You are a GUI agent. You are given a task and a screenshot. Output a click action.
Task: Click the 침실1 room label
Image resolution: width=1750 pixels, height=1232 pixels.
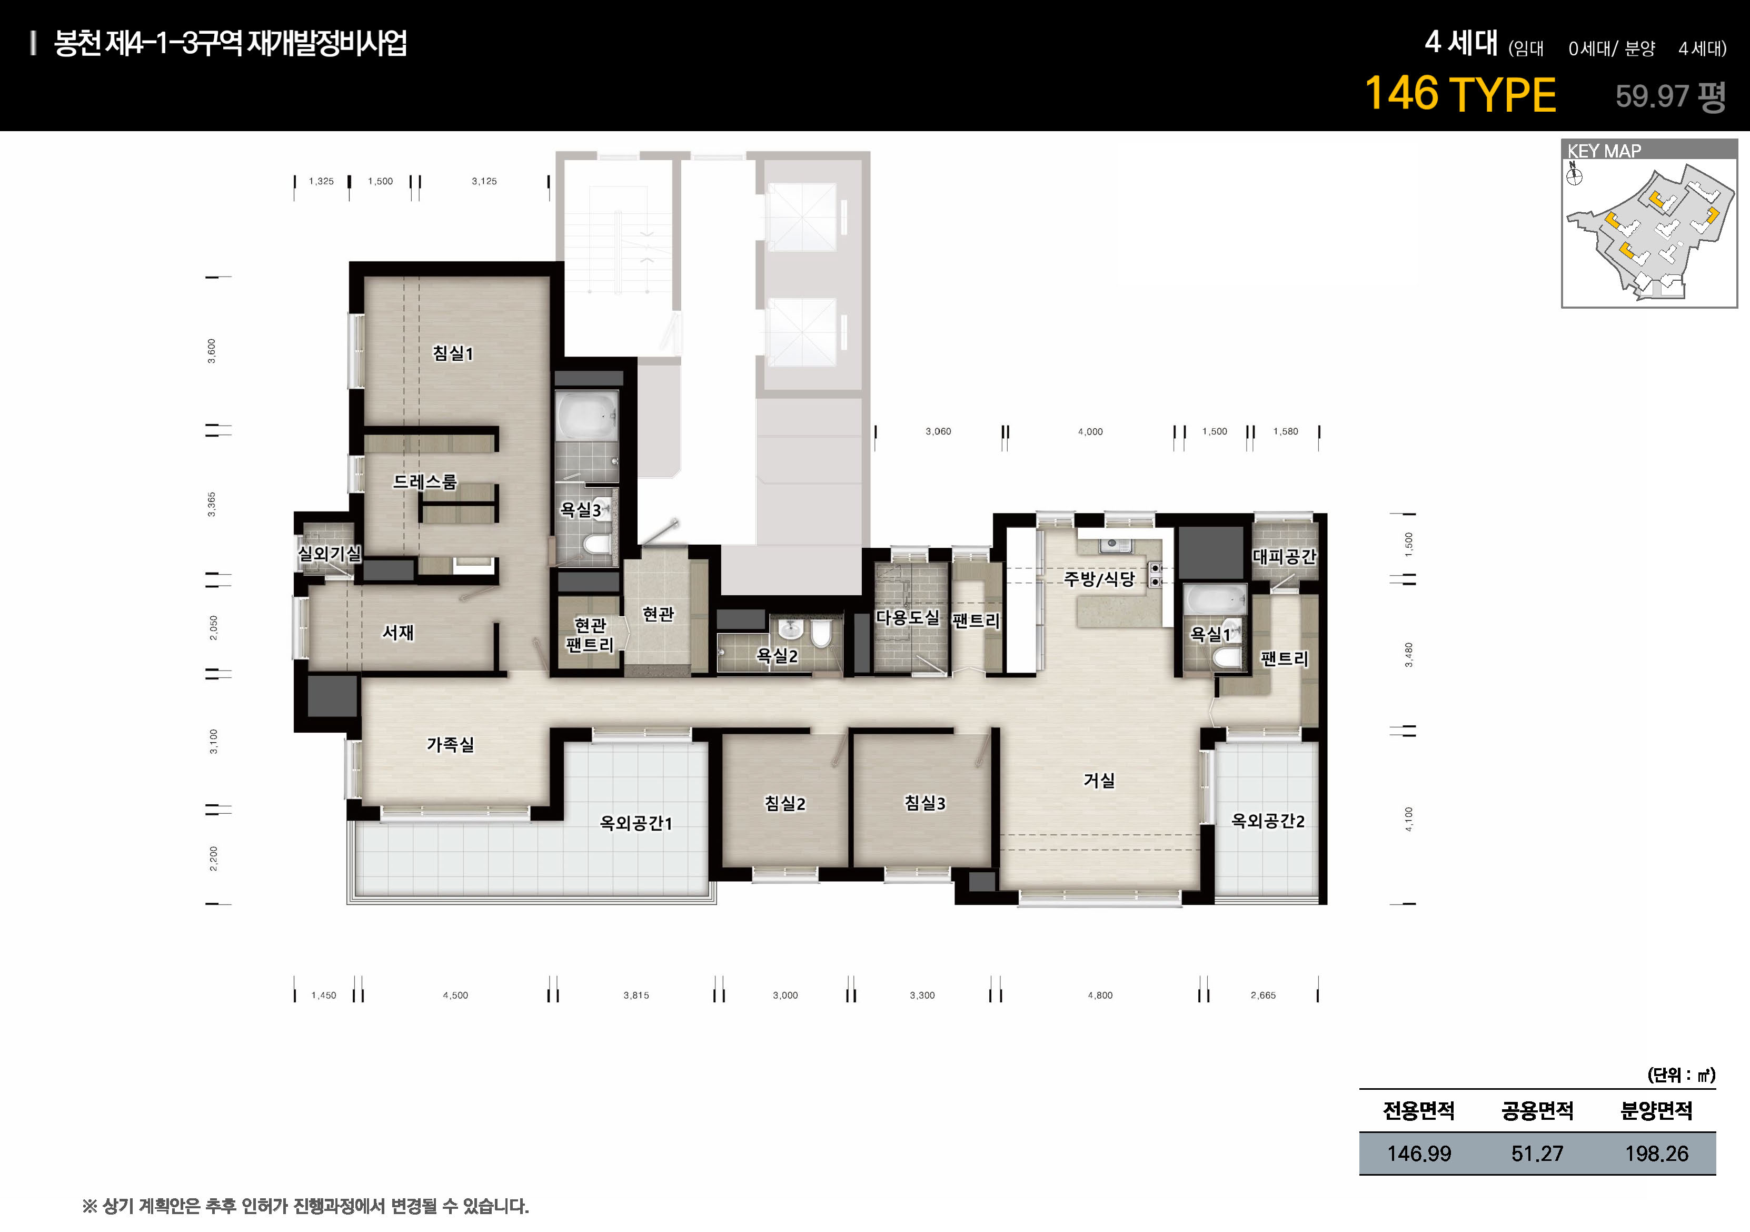[x=453, y=353]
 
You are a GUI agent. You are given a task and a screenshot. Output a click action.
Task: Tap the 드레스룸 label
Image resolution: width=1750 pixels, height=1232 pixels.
[x=424, y=482]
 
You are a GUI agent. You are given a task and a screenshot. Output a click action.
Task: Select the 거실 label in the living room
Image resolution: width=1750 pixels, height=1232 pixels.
[x=1099, y=780]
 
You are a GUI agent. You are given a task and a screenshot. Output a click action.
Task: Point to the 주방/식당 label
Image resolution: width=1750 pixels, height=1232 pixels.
[x=1099, y=579]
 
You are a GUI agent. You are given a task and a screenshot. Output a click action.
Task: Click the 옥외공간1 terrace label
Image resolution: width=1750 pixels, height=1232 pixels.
[x=635, y=823]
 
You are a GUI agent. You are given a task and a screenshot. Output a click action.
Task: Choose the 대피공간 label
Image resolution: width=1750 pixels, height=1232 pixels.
[x=1284, y=557]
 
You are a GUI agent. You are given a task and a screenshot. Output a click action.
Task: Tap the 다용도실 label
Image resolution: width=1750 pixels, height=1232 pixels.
[x=907, y=617]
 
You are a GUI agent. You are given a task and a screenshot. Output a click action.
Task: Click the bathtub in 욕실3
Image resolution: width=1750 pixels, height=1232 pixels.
[x=587, y=416]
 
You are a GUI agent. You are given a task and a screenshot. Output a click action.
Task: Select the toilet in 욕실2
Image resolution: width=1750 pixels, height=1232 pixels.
[x=821, y=633]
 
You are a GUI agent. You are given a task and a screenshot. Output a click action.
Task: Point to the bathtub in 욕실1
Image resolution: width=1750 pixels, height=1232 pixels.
[x=1216, y=599]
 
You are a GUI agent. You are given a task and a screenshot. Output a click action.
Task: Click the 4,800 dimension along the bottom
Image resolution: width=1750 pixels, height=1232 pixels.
[x=1100, y=995]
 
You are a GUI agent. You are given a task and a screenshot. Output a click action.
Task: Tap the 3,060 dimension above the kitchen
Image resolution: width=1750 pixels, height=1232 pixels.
[x=938, y=431]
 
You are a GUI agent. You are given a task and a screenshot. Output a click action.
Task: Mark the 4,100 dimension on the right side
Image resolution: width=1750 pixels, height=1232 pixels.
[x=1408, y=819]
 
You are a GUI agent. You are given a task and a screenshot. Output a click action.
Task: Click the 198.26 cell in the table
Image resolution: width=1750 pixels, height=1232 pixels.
[x=1656, y=1154]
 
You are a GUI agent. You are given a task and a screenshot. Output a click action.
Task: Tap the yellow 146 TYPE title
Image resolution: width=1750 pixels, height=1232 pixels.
[x=1459, y=94]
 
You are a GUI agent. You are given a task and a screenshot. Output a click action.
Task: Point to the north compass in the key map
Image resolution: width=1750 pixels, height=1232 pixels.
[x=1574, y=175]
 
